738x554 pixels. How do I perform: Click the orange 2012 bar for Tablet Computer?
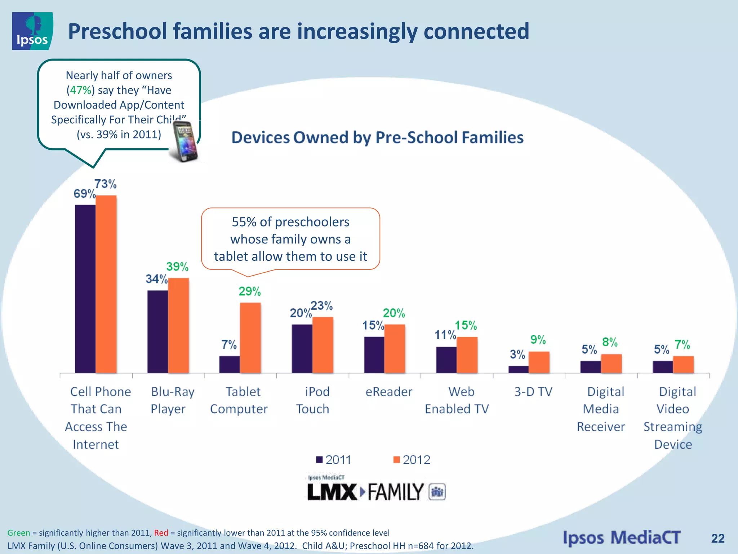tap(250, 338)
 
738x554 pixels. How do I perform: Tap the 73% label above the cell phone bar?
tap(105, 184)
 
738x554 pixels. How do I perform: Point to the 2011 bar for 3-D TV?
tap(518, 369)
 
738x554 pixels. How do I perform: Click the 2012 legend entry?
tap(412, 460)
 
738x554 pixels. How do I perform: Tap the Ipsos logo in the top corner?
tap(32, 31)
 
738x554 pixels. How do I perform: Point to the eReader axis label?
tap(388, 392)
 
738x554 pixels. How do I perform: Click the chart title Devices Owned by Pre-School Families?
tap(377, 138)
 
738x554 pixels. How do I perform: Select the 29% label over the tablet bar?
tap(249, 291)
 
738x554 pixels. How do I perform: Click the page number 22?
tap(717, 538)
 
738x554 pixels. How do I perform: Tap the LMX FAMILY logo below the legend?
tap(376, 492)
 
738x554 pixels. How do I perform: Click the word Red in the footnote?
tap(161, 533)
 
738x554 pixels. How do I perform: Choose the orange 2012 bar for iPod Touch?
tap(323, 345)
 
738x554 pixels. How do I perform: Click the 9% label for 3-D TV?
tap(538, 340)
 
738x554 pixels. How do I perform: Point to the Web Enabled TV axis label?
tap(457, 400)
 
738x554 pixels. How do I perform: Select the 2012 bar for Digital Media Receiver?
tap(611, 364)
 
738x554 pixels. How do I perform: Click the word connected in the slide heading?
tap(476, 31)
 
